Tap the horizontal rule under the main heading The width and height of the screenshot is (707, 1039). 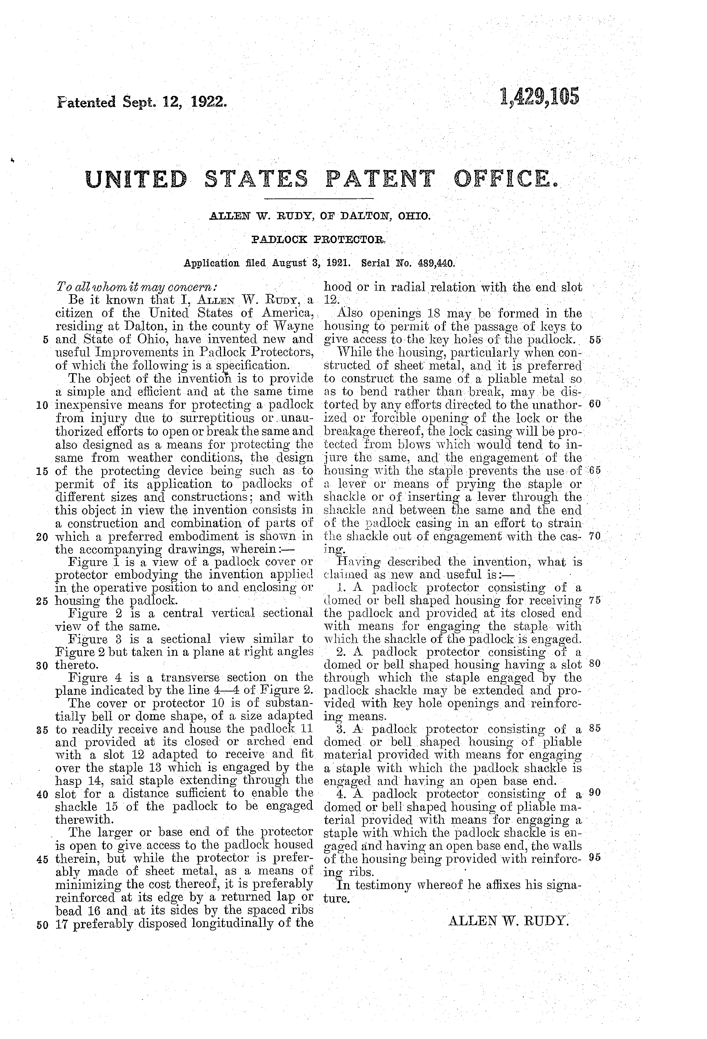click(318, 198)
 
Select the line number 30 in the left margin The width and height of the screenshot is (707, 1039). click(43, 665)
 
